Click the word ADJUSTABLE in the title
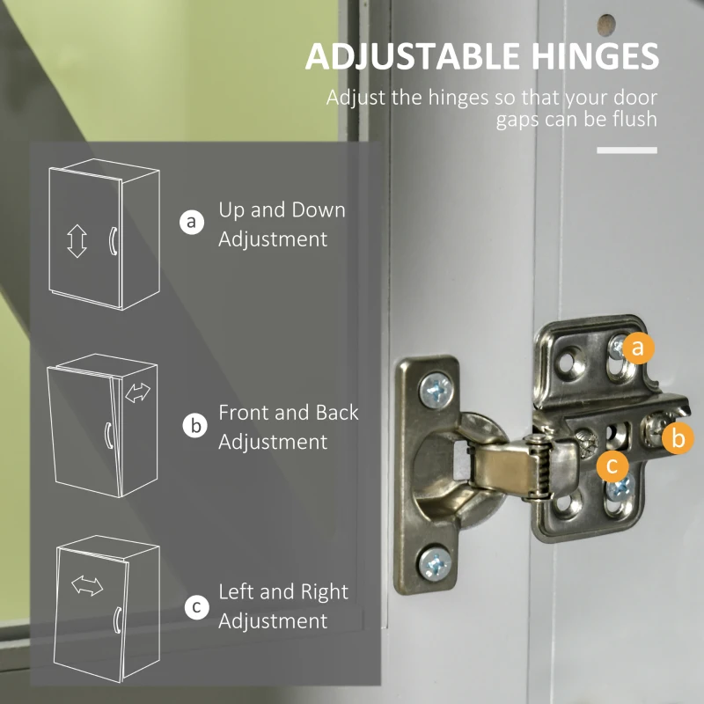[412, 56]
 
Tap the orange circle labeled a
[638, 348]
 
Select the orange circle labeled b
[678, 437]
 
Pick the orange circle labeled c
[612, 466]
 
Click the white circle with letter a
[192, 222]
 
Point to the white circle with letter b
[194, 425]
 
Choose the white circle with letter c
[196, 607]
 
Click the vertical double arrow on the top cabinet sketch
[77, 241]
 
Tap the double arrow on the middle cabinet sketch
[138, 392]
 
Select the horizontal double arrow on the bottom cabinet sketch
[87, 586]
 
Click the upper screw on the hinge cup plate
[436, 390]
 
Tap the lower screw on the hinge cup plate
[435, 563]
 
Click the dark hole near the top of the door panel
[606, 25]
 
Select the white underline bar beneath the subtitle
[627, 150]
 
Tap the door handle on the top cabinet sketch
[114, 241]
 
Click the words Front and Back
[289, 413]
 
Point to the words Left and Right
[283, 591]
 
